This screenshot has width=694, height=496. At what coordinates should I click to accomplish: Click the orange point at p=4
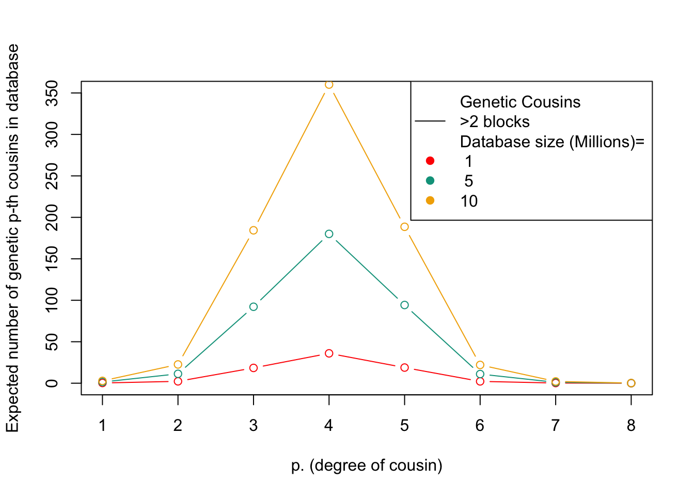tap(329, 85)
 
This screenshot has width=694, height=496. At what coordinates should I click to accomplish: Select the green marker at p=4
tap(329, 234)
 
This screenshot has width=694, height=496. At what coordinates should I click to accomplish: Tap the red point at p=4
tap(329, 353)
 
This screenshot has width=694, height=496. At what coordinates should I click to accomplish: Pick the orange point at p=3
tap(254, 230)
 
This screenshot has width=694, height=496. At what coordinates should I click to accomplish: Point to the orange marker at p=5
tap(404, 227)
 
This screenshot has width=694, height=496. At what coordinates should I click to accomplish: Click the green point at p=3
tap(254, 307)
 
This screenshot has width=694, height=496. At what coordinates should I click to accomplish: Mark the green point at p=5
tap(404, 305)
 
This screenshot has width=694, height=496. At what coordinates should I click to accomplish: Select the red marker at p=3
tap(254, 368)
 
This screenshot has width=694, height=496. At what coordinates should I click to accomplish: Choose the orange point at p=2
tap(178, 365)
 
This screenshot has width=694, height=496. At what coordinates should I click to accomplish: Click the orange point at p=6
tap(480, 365)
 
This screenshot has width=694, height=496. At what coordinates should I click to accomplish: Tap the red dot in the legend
tap(430, 161)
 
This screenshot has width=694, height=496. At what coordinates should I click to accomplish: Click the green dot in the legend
tap(430, 181)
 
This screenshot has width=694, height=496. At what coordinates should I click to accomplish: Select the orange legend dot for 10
tap(430, 200)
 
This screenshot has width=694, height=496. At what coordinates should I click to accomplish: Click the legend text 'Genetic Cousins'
tap(520, 102)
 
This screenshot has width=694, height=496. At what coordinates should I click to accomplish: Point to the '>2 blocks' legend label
tap(495, 122)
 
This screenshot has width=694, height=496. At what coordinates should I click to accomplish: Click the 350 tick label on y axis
tap(52, 93)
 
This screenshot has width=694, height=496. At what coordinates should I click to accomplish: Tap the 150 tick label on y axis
tap(52, 259)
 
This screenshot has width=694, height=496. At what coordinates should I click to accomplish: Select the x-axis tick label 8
tap(631, 426)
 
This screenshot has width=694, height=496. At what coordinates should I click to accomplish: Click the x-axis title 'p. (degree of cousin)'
tap(367, 466)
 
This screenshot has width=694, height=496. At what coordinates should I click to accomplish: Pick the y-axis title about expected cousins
tap(13, 238)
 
